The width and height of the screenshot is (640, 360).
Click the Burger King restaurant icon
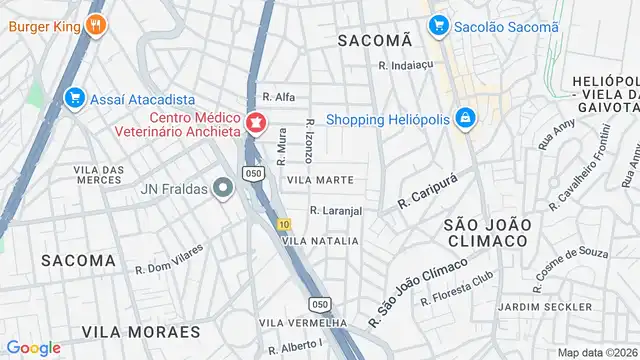(96, 25)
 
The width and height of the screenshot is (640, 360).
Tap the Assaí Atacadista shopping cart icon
(72, 97)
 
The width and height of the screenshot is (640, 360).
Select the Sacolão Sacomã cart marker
(437, 26)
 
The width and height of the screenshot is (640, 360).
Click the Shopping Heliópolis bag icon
(465, 119)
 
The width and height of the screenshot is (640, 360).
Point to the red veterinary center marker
(255, 123)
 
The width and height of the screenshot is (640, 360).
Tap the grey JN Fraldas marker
(221, 187)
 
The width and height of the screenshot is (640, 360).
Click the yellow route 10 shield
(285, 223)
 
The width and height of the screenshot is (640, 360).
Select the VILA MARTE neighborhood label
(320, 180)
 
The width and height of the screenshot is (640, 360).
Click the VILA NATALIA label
(320, 241)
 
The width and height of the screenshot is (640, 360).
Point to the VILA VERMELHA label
(302, 322)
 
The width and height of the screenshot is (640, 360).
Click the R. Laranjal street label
(335, 211)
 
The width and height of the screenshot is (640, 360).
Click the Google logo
(33, 348)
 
